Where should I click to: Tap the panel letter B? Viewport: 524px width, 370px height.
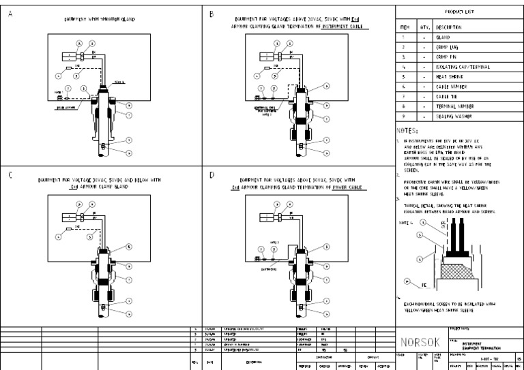(212, 14)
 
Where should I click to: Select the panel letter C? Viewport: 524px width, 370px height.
(10, 174)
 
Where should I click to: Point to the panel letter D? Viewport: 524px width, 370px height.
(212, 174)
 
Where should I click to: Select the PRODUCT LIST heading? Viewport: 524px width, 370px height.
(459, 13)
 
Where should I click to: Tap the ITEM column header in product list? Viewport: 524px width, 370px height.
(404, 27)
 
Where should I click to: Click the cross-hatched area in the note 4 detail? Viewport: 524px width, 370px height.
(456, 273)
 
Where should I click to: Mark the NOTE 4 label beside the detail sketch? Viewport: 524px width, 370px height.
(407, 222)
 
